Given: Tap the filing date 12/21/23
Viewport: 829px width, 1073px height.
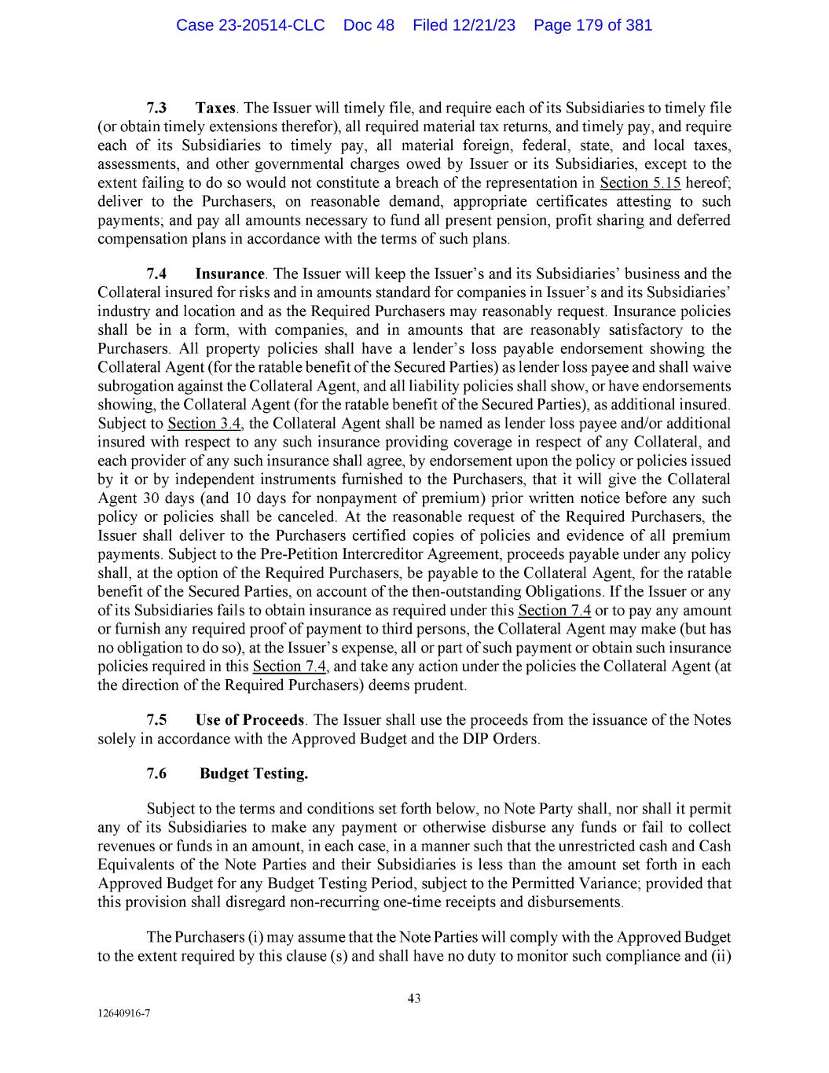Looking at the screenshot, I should point(484,25).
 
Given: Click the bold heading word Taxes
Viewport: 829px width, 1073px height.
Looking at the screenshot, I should point(215,108).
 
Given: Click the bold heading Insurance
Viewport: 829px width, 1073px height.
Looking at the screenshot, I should point(229,274).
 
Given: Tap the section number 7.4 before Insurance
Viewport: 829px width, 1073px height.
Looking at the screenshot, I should point(157,274).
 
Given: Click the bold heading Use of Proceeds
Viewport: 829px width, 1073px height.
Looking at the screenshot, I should point(250,721).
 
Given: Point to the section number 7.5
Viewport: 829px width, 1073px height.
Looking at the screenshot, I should point(157,721).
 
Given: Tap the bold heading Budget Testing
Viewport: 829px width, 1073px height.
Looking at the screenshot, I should point(254,774).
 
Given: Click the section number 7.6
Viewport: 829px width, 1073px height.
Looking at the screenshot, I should point(157,774).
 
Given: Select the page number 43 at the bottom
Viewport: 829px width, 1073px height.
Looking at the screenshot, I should point(414,999).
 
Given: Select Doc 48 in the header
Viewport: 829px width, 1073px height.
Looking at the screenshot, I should point(369,25).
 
